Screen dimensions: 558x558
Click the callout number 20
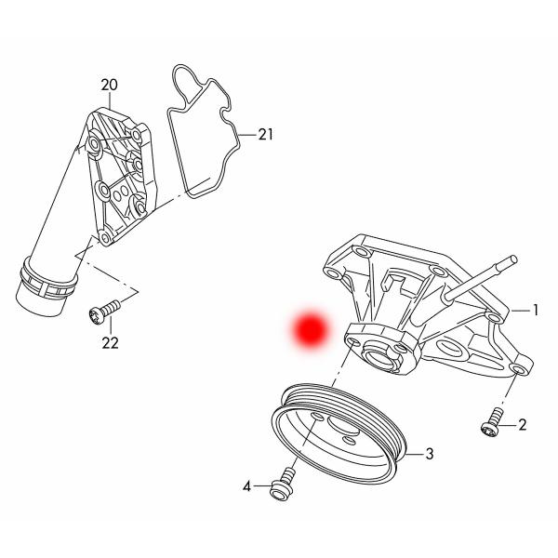point(110,86)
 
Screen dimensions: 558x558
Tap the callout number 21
point(266,135)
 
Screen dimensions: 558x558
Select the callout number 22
point(110,343)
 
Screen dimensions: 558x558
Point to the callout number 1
point(536,310)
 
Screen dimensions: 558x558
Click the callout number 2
point(522,426)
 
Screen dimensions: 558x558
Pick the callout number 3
point(430,455)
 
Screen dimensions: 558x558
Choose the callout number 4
point(248,485)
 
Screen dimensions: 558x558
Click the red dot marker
point(309,329)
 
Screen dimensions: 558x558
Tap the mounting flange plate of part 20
point(116,177)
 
